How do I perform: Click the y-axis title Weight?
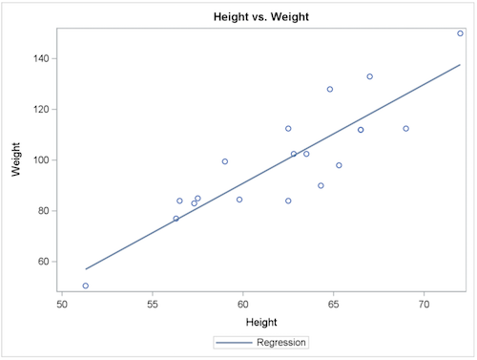click(x=16, y=159)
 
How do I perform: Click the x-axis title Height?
click(x=261, y=322)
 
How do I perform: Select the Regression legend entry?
click(x=261, y=341)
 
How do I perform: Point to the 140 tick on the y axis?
click(x=42, y=58)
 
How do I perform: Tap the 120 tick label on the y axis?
click(x=42, y=109)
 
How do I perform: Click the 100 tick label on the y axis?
click(x=42, y=159)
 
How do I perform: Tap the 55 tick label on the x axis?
click(x=153, y=305)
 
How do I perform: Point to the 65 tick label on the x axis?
click(x=333, y=305)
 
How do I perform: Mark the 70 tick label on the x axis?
click(x=424, y=305)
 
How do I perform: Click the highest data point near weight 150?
click(x=460, y=33)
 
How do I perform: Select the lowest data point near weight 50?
click(x=86, y=286)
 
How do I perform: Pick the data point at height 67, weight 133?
click(x=369, y=76)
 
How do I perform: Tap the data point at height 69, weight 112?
click(x=405, y=129)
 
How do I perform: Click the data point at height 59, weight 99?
click(x=225, y=161)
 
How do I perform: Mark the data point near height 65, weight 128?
click(x=330, y=90)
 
